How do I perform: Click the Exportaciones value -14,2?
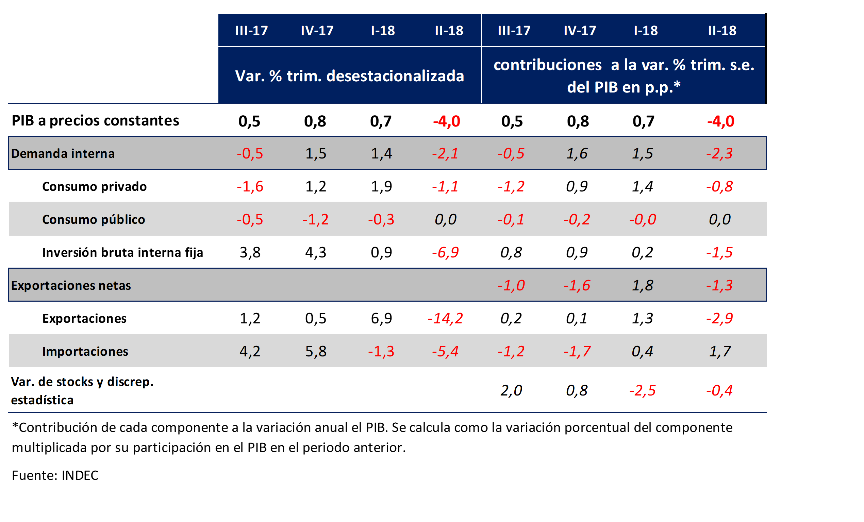coord(445,318)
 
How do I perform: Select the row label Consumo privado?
coord(94,186)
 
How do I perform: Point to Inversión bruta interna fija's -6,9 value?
coord(445,252)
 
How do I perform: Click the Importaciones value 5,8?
coord(316,351)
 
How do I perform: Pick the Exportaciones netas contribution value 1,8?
coord(643,285)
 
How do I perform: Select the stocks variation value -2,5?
coord(643,390)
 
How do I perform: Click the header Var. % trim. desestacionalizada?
coord(349,76)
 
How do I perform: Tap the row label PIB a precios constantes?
coord(95,121)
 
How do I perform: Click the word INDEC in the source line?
coord(80,475)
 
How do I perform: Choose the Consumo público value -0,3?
coord(381,219)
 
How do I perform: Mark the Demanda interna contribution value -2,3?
coord(719,154)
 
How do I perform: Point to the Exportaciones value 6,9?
coord(381,318)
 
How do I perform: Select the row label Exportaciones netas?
coord(71,285)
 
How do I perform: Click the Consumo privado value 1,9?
coord(381,186)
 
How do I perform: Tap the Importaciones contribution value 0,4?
coord(643,351)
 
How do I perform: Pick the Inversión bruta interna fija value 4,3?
coord(316,252)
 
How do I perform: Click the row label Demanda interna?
coord(63,154)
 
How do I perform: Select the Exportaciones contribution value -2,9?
coord(719,318)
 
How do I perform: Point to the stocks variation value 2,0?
coord(511,390)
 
